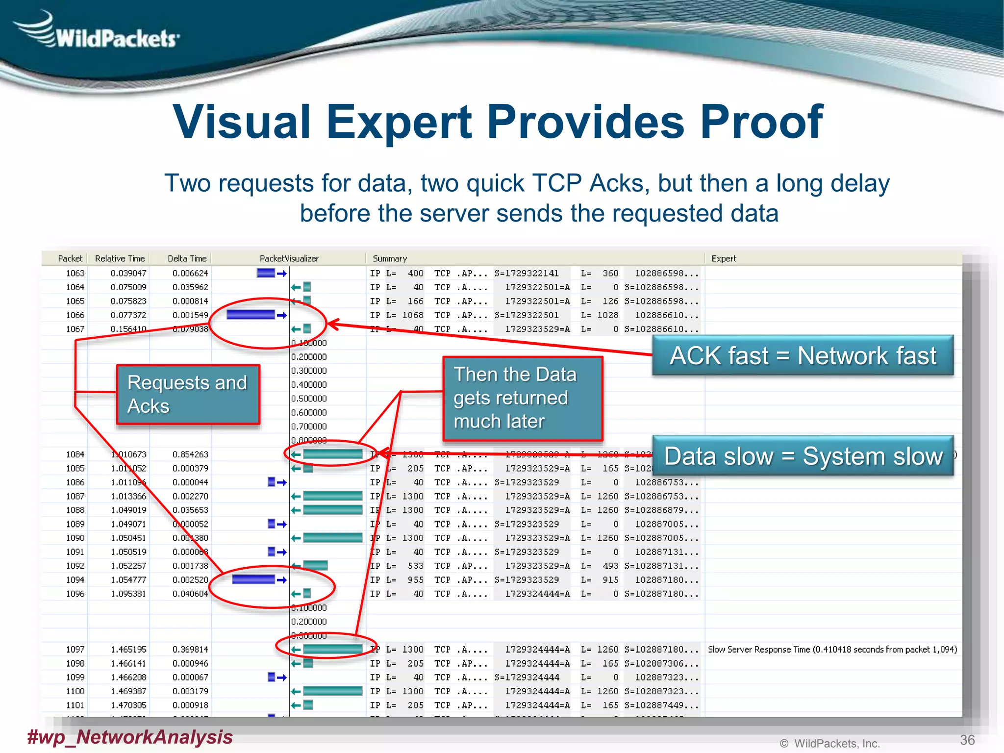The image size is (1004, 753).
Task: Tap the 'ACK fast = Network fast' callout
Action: (x=803, y=355)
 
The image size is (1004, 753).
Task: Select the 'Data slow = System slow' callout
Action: (x=803, y=456)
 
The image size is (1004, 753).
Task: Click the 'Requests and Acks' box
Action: (x=188, y=394)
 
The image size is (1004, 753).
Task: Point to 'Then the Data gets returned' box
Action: (x=523, y=398)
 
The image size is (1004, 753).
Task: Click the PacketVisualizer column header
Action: (x=289, y=258)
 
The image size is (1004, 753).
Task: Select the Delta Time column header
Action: (x=187, y=258)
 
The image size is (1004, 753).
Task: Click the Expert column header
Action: (x=724, y=258)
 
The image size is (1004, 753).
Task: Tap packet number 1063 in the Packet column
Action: (x=75, y=273)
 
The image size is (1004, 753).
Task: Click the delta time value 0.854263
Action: (x=190, y=454)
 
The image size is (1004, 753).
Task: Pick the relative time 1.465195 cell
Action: (x=128, y=650)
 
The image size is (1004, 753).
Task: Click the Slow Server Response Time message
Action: (x=832, y=650)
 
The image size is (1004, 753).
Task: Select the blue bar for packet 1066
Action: (x=251, y=315)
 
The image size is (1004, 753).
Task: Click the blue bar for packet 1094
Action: (x=253, y=580)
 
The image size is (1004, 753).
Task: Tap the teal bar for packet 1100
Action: (x=332, y=691)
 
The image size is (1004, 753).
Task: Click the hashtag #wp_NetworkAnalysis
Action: (x=130, y=737)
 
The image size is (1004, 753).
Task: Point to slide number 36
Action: (x=967, y=740)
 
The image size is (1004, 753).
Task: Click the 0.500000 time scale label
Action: (x=309, y=399)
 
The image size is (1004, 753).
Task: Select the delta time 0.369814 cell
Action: (x=190, y=650)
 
